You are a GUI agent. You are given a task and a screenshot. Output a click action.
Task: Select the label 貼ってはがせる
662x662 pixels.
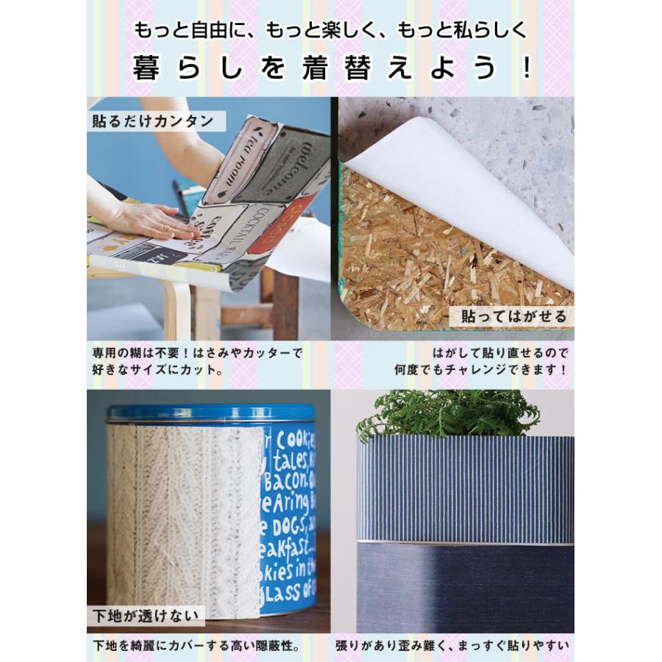[513, 317]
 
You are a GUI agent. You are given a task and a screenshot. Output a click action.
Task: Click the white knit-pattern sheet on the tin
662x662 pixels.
[184, 515]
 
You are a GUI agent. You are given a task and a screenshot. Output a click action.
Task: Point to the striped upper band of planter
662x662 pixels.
[463, 489]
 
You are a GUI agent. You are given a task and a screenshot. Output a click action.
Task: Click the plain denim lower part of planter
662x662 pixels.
[463, 588]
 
